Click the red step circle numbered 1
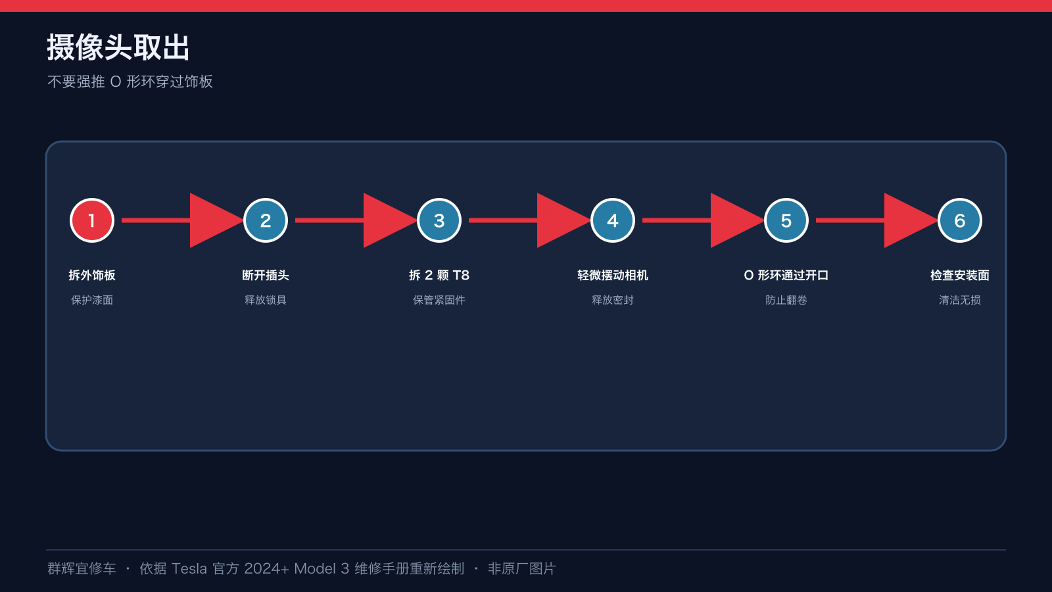click(x=92, y=220)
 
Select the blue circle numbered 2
click(x=266, y=220)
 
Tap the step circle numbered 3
click(x=439, y=220)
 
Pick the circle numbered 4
click(x=612, y=220)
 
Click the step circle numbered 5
click(x=786, y=220)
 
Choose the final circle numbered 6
click(x=959, y=220)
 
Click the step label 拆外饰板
click(x=92, y=276)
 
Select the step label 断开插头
click(x=266, y=276)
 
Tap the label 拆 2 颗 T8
click(x=439, y=276)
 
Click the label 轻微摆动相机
click(x=612, y=276)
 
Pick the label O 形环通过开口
click(x=786, y=276)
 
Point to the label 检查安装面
click(x=959, y=276)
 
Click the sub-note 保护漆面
click(x=92, y=300)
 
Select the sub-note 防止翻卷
click(x=786, y=300)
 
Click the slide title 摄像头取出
click(x=118, y=47)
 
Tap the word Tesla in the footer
click(x=189, y=569)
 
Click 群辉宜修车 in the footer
click(x=82, y=569)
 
